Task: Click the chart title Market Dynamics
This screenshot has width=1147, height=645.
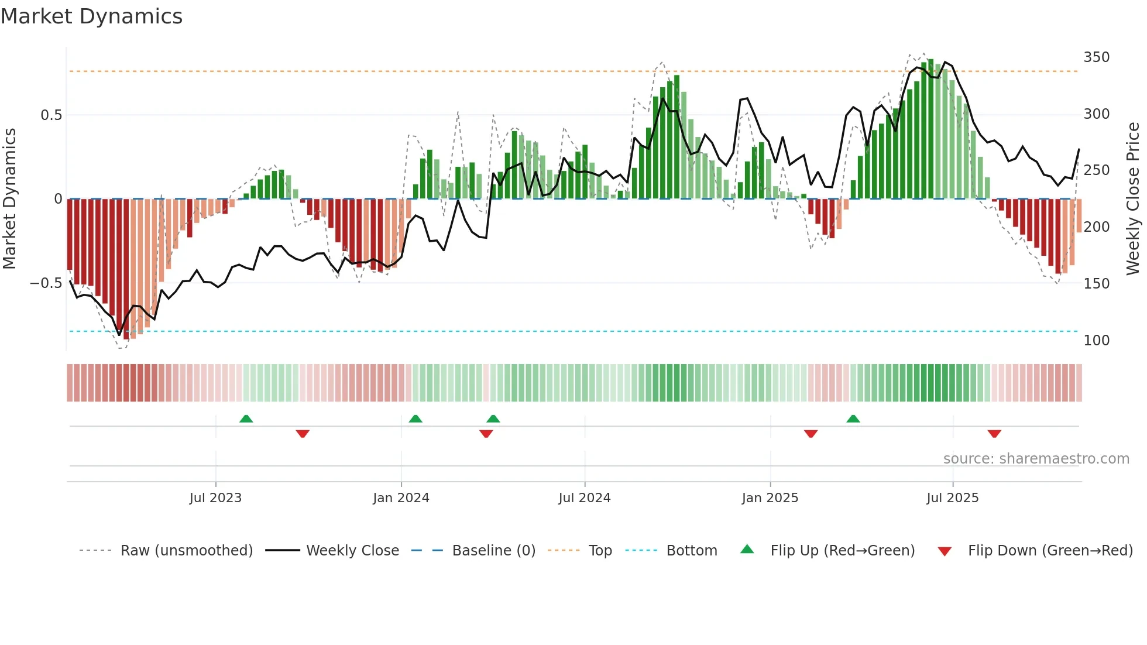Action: pyautogui.click(x=91, y=16)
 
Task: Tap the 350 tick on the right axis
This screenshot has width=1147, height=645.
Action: pyautogui.click(x=1096, y=57)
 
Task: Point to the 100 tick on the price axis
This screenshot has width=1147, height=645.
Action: pyautogui.click(x=1096, y=340)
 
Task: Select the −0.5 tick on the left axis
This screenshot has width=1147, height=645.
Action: pyautogui.click(x=46, y=283)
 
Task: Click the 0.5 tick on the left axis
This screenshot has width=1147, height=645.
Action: pyautogui.click(x=51, y=115)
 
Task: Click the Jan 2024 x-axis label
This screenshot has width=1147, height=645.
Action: pyautogui.click(x=401, y=498)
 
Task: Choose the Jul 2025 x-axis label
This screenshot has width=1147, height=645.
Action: pyautogui.click(x=952, y=498)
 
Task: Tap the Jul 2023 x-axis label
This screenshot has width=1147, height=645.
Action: pyautogui.click(x=215, y=498)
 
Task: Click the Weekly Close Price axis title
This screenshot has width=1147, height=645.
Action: pyautogui.click(x=1133, y=199)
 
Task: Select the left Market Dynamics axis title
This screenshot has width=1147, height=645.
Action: pyautogui.click(x=9, y=199)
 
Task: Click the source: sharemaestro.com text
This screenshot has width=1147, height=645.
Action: pyautogui.click(x=1036, y=459)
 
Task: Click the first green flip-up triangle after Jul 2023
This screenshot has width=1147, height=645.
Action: pyautogui.click(x=246, y=419)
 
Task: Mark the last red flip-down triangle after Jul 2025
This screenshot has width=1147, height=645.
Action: pyautogui.click(x=994, y=434)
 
